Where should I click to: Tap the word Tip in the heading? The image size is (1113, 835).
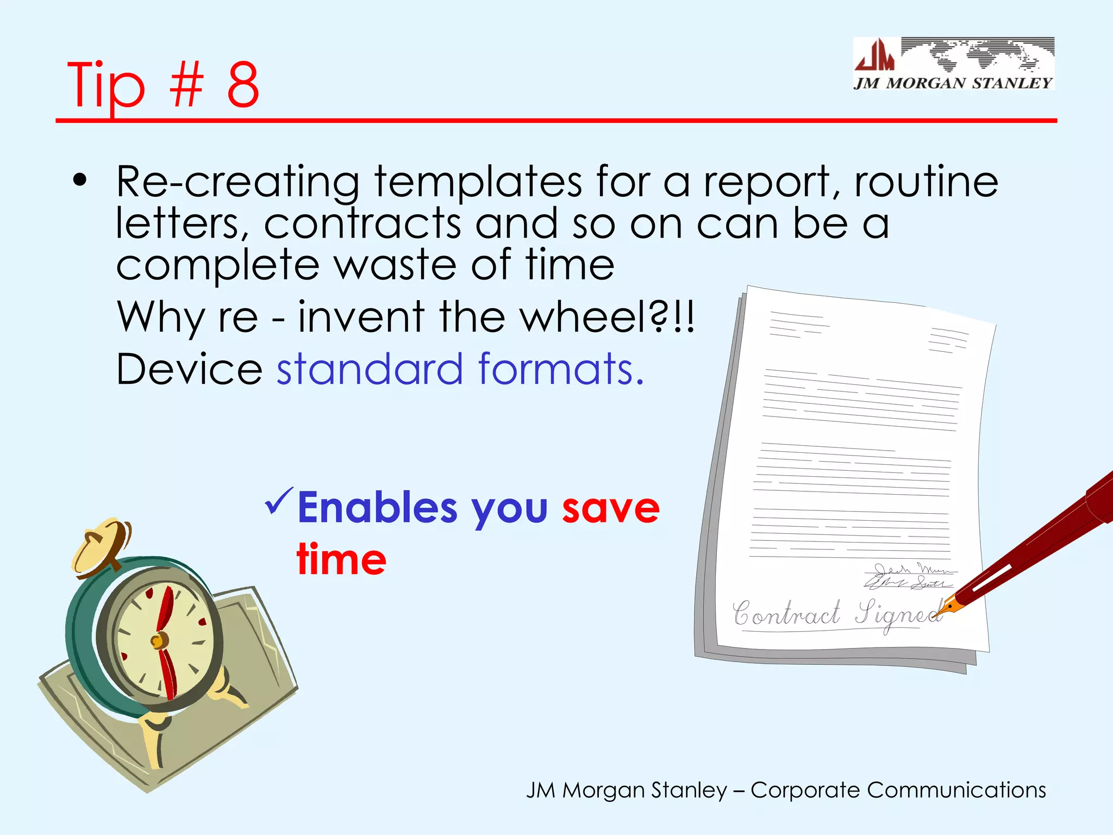(106, 86)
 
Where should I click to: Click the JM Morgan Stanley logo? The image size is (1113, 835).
(953, 64)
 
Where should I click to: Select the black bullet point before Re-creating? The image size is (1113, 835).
(80, 180)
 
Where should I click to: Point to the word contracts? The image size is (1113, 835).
(362, 223)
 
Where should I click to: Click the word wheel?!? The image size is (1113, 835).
(606, 316)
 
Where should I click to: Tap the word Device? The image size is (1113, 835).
(190, 369)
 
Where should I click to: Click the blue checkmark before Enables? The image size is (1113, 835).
(279, 501)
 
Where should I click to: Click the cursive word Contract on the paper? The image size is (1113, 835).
(786, 614)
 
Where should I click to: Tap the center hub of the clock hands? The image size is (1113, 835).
(159, 641)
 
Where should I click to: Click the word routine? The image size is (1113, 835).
(927, 182)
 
